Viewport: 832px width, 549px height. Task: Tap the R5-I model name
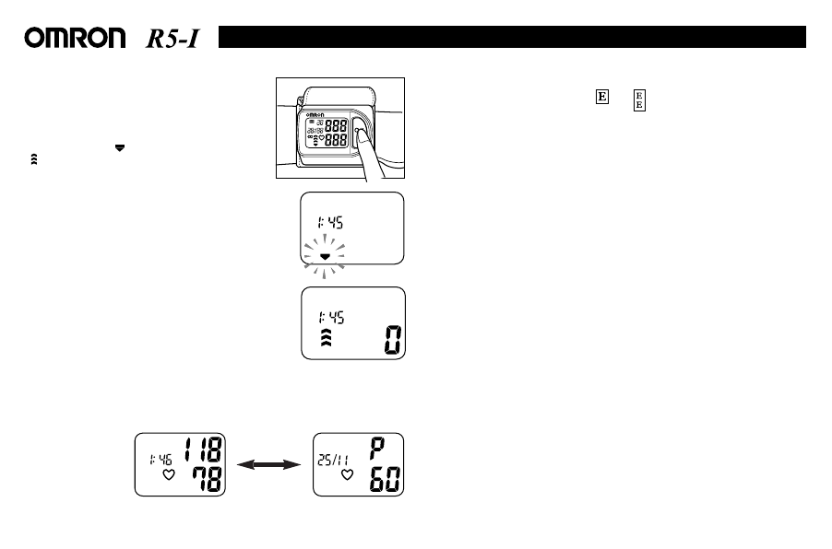click(174, 38)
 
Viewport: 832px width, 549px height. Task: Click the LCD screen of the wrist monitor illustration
click(326, 133)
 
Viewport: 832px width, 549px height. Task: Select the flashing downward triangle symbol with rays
click(324, 251)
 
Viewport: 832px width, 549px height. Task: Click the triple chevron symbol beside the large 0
click(324, 339)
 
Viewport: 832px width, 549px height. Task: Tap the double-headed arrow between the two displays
click(269, 465)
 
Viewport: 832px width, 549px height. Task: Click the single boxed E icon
click(600, 98)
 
